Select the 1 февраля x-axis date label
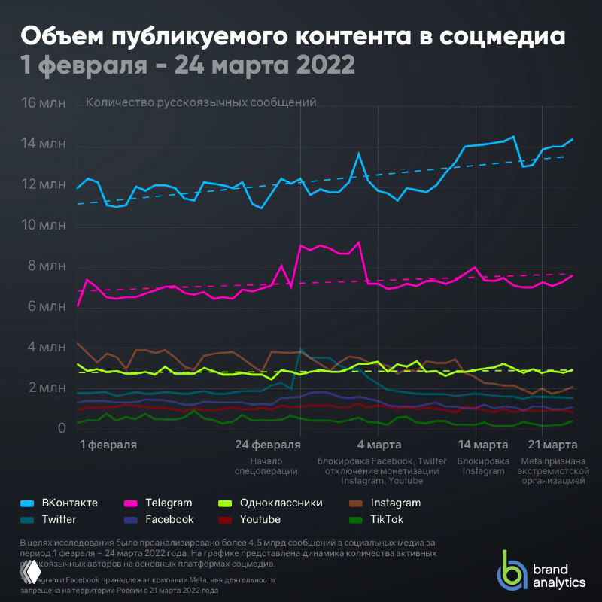108,445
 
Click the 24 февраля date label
266,445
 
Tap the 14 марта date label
482,445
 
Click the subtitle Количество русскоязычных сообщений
201,102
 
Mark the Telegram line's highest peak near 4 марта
359,242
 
